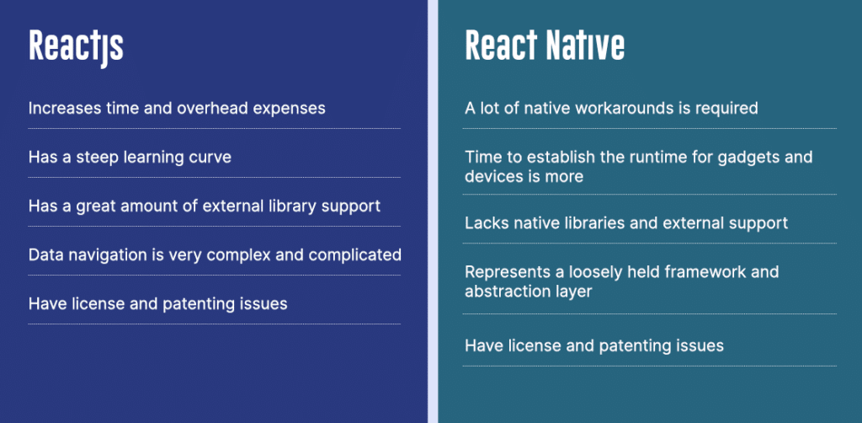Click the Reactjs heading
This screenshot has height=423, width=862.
click(76, 47)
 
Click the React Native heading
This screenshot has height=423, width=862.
click(545, 46)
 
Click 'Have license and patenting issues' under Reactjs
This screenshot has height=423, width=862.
click(157, 303)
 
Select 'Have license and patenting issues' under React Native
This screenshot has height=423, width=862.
click(594, 346)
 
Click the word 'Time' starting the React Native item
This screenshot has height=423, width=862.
click(482, 158)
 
